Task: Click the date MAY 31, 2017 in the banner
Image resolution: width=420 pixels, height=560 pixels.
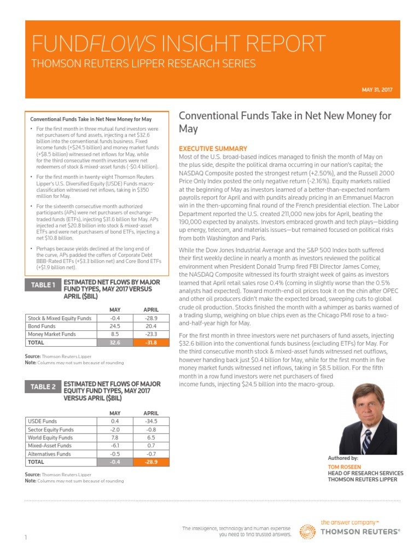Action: [x=378, y=90]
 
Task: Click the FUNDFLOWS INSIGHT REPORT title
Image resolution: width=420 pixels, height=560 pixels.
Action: [x=179, y=43]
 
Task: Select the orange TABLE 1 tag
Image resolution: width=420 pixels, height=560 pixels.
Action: [x=43, y=285]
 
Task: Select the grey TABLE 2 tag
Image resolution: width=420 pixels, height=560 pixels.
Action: [x=43, y=387]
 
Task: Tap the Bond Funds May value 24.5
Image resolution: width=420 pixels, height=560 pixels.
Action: [x=115, y=326]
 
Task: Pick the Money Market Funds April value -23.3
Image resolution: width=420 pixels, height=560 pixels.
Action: [x=150, y=334]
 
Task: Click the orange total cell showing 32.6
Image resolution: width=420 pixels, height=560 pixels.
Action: [x=115, y=343]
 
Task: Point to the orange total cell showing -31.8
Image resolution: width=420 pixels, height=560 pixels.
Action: [x=150, y=343]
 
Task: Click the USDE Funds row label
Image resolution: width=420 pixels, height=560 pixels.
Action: [x=42, y=422]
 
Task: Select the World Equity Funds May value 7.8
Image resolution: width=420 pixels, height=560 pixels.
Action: [x=115, y=437]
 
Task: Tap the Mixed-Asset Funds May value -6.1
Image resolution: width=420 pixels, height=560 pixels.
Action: [x=115, y=446]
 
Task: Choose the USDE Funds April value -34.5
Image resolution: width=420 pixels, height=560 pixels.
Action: [x=150, y=422]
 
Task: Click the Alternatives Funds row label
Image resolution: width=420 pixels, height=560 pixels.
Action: [x=49, y=454]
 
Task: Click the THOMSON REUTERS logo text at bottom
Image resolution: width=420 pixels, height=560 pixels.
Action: [x=359, y=532]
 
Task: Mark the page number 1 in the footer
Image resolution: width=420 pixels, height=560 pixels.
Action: [x=26, y=538]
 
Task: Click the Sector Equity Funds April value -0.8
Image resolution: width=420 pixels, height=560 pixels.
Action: [x=150, y=430]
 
